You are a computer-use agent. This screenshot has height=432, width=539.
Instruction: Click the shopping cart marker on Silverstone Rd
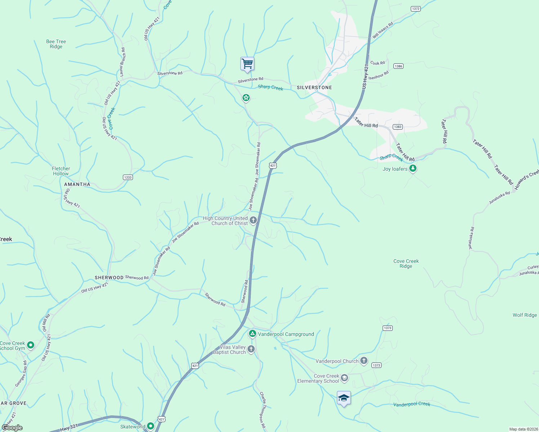247,64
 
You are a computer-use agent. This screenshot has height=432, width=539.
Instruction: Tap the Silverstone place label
314,87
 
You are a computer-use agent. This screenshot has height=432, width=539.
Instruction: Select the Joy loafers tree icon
413,168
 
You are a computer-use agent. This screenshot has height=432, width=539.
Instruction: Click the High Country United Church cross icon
253,220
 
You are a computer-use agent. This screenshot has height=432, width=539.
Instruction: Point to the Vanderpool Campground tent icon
253,334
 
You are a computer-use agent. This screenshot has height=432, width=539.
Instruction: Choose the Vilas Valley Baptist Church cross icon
251,349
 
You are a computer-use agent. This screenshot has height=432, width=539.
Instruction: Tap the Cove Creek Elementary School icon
344,378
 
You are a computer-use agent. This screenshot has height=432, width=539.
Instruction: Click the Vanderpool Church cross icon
364,360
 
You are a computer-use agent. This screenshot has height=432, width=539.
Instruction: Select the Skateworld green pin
151,426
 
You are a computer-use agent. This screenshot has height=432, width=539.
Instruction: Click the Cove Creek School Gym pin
31,345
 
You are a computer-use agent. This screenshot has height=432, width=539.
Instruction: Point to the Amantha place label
77,184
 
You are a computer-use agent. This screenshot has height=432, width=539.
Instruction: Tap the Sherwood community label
109,278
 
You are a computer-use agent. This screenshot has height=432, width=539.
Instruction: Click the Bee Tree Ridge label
56,44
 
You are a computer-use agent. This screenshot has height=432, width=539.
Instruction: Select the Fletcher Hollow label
61,171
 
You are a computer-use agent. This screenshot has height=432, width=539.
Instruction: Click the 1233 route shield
128,177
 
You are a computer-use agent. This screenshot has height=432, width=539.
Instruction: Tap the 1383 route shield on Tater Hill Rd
397,127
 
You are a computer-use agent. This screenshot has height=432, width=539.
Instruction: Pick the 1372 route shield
415,9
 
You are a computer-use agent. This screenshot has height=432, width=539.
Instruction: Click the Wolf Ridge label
525,315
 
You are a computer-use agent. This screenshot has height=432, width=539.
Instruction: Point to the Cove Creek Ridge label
406,264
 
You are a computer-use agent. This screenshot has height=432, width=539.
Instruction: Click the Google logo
12,428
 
